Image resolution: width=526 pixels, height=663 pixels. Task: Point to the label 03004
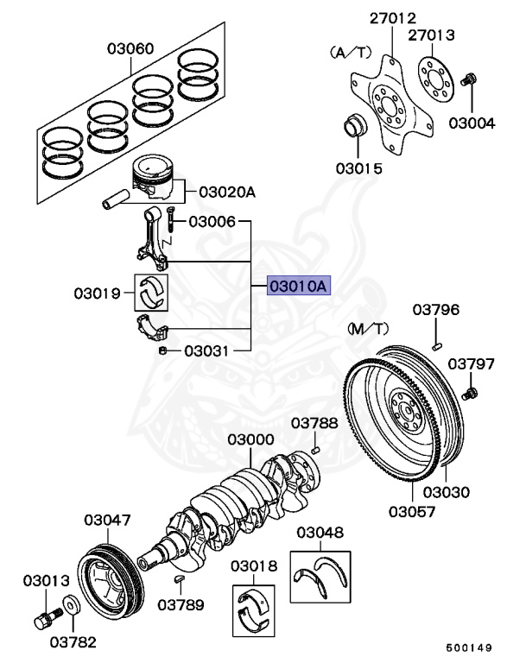pos(472,123)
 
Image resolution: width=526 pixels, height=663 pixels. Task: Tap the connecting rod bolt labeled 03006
pos(171,222)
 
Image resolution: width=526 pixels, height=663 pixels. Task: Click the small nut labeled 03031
pos(162,350)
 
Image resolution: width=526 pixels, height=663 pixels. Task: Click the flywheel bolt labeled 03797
pos(470,394)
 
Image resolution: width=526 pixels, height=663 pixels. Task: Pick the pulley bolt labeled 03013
pos(45,617)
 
